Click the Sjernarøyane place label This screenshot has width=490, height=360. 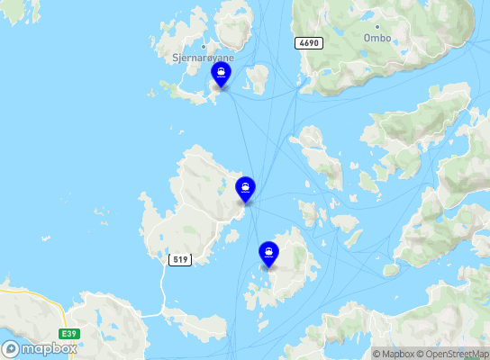204,57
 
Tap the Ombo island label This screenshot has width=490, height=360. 377,39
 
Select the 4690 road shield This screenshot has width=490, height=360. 306,42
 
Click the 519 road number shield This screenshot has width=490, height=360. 180,260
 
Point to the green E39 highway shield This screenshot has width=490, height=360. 68,334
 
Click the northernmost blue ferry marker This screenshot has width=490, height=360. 221,75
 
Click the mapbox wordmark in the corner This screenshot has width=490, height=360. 49,348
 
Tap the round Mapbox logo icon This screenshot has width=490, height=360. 11,348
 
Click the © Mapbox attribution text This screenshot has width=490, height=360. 394,354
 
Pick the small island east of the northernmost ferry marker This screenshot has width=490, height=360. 259,78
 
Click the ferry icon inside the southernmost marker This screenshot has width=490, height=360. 268,251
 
